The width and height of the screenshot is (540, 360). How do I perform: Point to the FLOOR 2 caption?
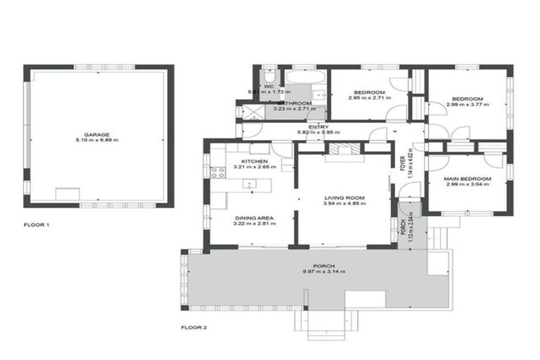click(x=194, y=327)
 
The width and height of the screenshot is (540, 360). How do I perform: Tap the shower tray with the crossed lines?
click(x=252, y=110)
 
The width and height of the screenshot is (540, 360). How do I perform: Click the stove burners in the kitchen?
click(x=218, y=171)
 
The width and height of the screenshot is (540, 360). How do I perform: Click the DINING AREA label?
click(x=254, y=218)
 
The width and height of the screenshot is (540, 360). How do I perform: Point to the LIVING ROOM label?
click(x=342, y=198)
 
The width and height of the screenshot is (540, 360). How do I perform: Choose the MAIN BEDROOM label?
click(x=467, y=179)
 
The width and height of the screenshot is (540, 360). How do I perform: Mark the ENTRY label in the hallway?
click(x=319, y=127)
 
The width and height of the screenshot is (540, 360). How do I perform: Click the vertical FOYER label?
click(x=402, y=163)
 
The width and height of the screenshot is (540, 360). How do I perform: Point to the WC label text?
click(x=268, y=86)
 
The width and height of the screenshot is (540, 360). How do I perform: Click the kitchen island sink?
click(x=249, y=184)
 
